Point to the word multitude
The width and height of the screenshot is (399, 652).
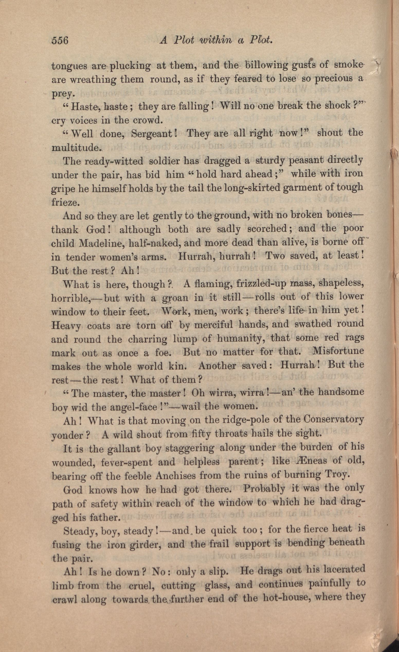[75, 148]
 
